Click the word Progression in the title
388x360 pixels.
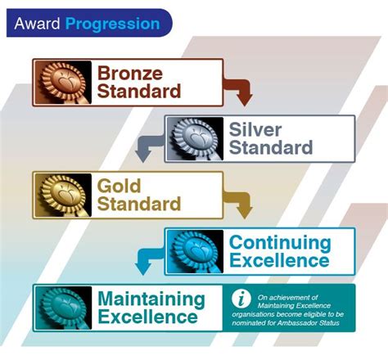(x=113, y=23)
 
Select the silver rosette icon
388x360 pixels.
(x=194, y=138)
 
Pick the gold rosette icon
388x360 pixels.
(x=63, y=194)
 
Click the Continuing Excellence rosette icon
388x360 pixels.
(x=194, y=251)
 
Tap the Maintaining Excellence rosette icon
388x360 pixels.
(x=63, y=308)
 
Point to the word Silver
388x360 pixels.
(x=256, y=130)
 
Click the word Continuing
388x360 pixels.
(x=279, y=243)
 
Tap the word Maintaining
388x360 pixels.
(x=151, y=299)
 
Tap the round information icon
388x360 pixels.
(x=241, y=298)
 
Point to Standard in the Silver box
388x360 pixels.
(x=271, y=148)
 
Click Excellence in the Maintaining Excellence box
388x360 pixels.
(x=147, y=317)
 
